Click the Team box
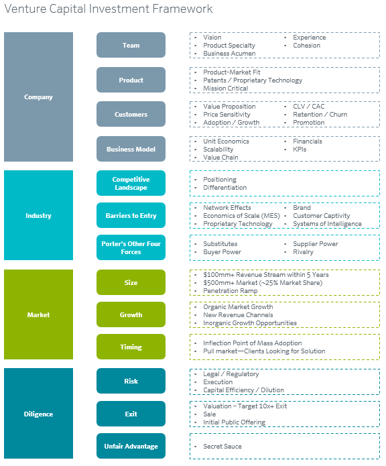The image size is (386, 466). [x=131, y=45]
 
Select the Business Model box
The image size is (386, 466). [x=131, y=149]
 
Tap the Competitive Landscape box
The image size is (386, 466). [x=131, y=183]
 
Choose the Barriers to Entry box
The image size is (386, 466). [x=131, y=215]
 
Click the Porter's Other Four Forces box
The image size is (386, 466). [x=131, y=247]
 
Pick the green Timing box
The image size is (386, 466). [x=131, y=347]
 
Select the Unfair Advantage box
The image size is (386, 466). [x=131, y=446]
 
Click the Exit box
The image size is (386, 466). [x=131, y=414]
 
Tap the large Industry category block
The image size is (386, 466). [x=39, y=215]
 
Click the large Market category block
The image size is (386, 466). [x=39, y=314]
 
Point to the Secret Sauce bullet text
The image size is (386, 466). [x=222, y=446]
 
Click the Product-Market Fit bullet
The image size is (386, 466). [x=232, y=72]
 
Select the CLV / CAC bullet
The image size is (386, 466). [x=309, y=107]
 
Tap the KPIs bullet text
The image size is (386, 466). [x=300, y=150]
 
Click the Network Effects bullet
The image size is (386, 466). [x=227, y=207]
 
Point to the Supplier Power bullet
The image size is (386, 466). [x=316, y=243]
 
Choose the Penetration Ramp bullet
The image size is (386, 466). [x=231, y=290]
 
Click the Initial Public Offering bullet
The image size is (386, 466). [x=235, y=422]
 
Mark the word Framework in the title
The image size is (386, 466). [x=182, y=9]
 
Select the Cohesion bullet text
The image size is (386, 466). [x=307, y=46]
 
